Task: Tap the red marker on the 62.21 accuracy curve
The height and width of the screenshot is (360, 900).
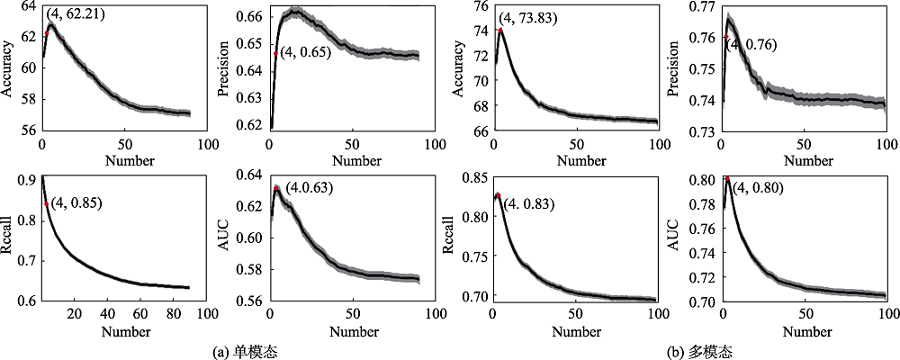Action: [x=47, y=34]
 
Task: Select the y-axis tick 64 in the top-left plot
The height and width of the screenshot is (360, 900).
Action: [x=28, y=6]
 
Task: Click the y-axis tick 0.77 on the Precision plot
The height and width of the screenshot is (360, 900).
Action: [x=699, y=6]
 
